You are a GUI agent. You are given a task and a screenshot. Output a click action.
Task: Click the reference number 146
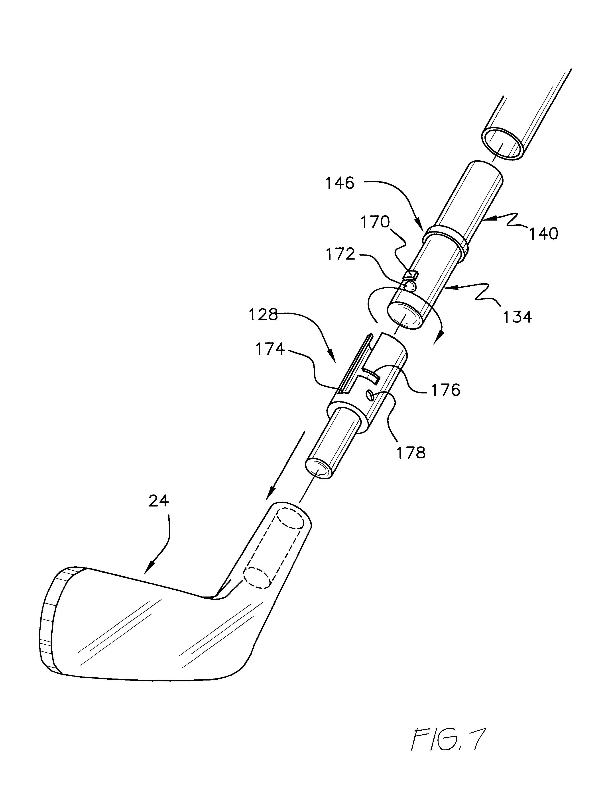pos(340,183)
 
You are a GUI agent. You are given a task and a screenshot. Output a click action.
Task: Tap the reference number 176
pos(445,390)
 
